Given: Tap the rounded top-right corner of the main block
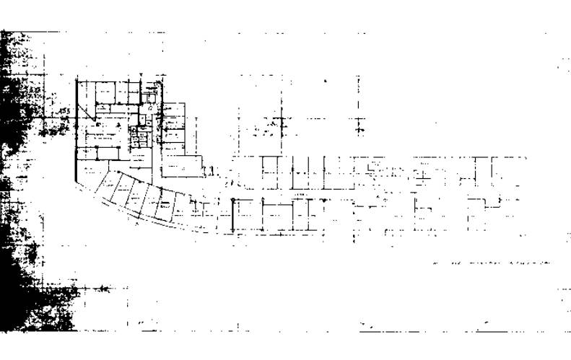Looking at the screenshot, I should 161,84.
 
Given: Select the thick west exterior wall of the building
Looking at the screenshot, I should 76,130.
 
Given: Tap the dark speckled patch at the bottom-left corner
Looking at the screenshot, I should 43,310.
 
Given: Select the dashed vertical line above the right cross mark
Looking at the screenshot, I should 359,94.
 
